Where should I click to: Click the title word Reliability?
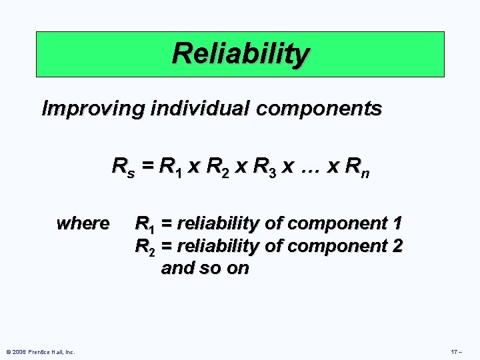point(240,53)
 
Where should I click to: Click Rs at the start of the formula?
point(122,165)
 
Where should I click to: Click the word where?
point(83,223)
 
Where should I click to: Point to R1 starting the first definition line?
point(145,223)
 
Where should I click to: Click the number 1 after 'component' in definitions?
point(397,223)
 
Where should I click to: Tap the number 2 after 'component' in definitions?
point(397,246)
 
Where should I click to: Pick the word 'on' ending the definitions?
point(237,269)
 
